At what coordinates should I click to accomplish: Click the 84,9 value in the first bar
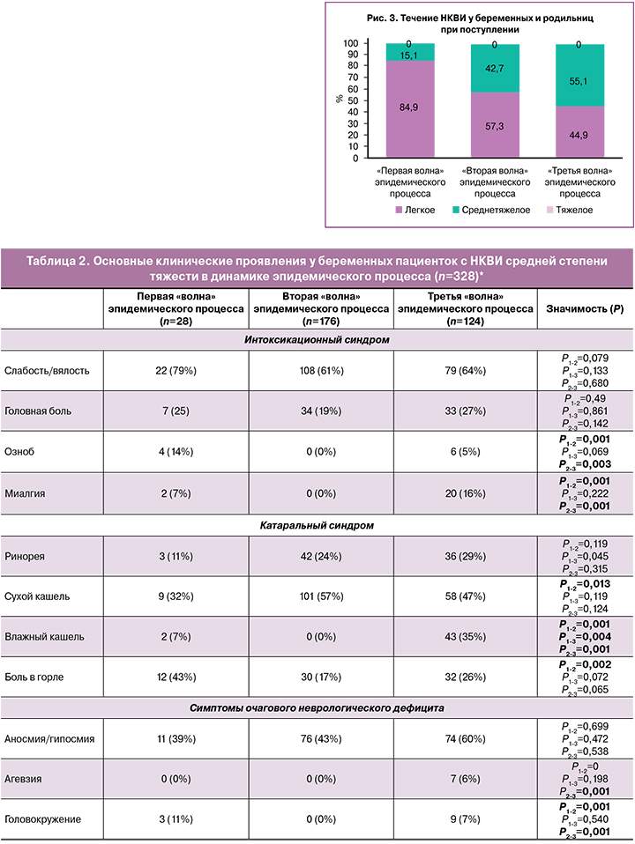tap(410, 108)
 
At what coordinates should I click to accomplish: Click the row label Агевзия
tap(24, 780)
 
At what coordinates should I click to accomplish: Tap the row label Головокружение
tap(42, 818)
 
